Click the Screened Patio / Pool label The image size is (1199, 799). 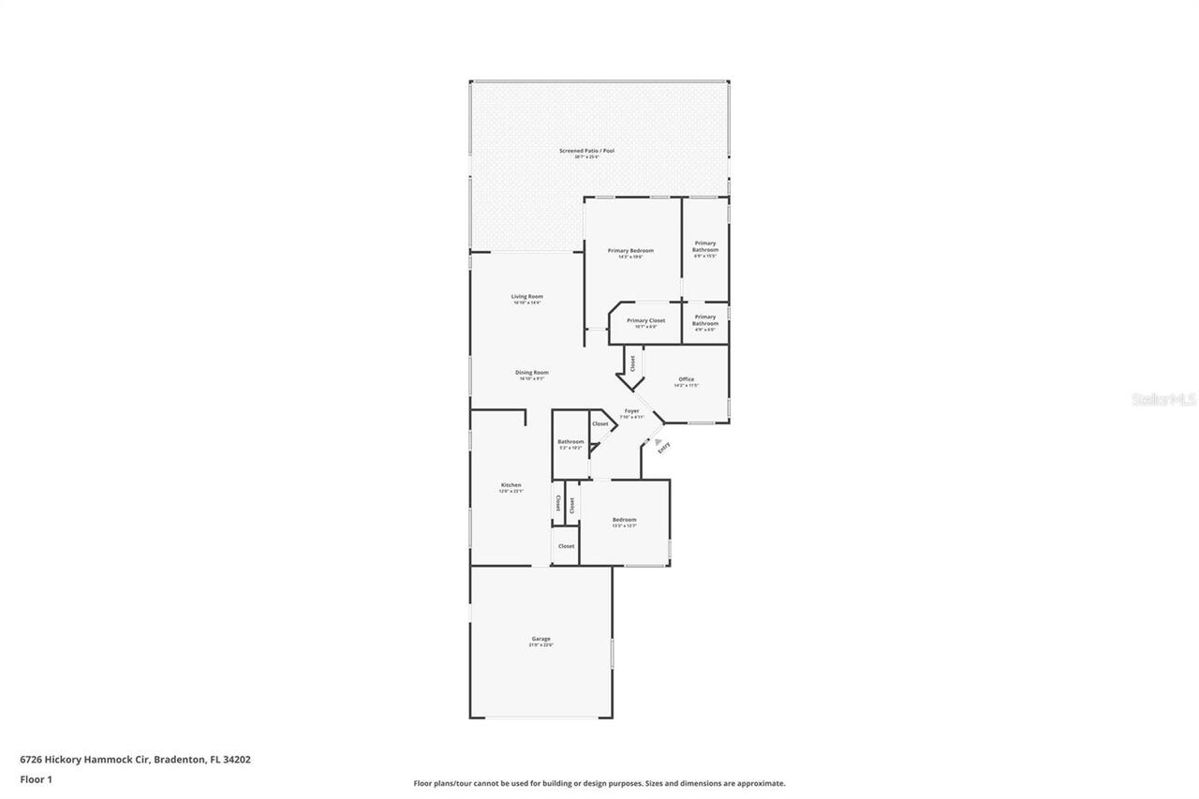click(x=586, y=151)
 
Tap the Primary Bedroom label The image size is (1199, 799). click(x=630, y=251)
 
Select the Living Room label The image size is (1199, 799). click(x=527, y=297)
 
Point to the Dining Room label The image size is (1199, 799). click(x=531, y=373)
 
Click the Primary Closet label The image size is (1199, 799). click(x=645, y=321)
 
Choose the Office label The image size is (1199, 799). click(x=687, y=379)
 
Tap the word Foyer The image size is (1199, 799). click(x=632, y=411)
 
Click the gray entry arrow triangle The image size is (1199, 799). click(x=659, y=442)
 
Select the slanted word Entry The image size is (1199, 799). click(x=664, y=449)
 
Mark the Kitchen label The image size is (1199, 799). click(x=511, y=485)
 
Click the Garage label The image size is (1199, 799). click(x=541, y=640)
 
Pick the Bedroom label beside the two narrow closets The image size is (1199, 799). click(x=624, y=520)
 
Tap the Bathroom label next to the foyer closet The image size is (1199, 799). click(x=570, y=442)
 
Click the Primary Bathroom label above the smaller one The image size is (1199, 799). click(x=705, y=246)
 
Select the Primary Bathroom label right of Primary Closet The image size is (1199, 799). click(x=705, y=320)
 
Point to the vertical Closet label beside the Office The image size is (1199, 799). click(x=632, y=362)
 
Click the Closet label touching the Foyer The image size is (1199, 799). click(x=599, y=424)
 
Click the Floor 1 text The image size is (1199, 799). click(x=36, y=779)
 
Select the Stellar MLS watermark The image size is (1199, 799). click(x=1163, y=400)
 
